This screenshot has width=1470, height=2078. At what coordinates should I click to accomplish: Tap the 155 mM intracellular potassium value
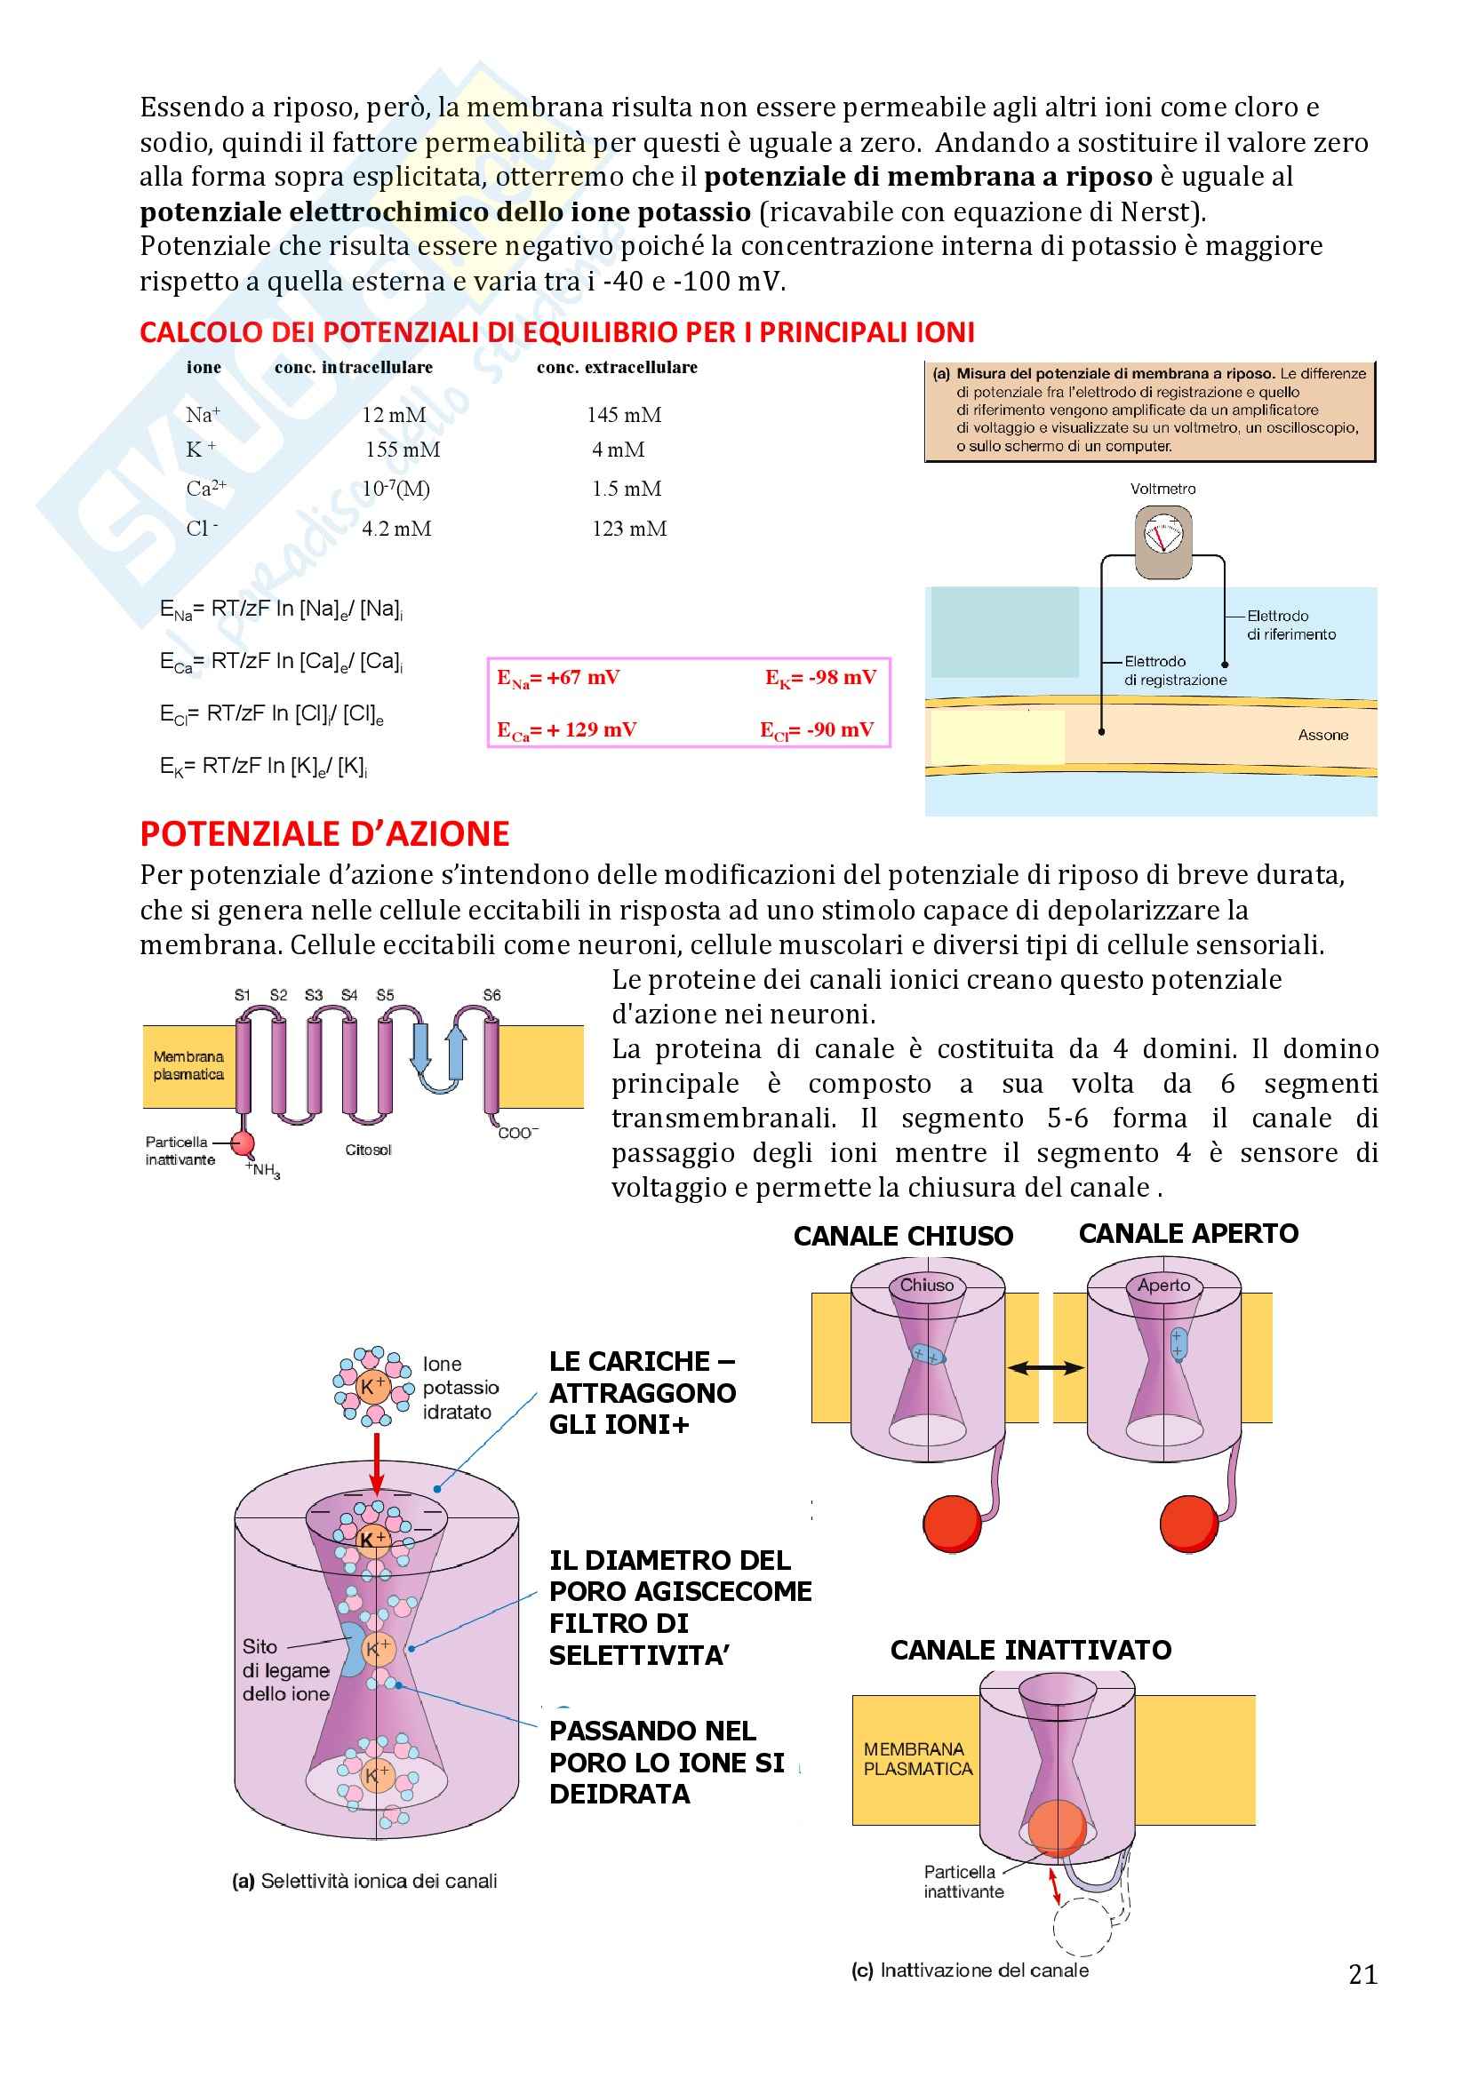click(x=403, y=450)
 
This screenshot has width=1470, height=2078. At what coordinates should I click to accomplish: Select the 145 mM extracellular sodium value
click(x=624, y=415)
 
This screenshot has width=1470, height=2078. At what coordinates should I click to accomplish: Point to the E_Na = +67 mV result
click(x=558, y=678)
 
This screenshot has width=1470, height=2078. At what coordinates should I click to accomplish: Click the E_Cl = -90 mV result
click(x=817, y=730)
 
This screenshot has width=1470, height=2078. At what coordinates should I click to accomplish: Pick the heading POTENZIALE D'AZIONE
click(x=324, y=833)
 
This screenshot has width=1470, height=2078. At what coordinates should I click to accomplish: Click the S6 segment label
click(x=491, y=995)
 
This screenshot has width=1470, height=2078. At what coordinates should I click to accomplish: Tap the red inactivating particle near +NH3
click(x=243, y=1144)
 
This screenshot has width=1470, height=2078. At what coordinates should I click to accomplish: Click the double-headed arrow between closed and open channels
click(x=1045, y=1368)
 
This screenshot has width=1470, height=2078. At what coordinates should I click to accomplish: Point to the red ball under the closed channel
click(x=952, y=1524)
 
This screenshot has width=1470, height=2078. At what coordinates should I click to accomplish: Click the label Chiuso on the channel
click(x=926, y=1286)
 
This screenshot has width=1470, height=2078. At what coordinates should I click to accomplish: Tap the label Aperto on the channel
click(x=1163, y=1286)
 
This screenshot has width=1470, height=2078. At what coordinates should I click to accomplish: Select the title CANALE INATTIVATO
click(x=1030, y=1650)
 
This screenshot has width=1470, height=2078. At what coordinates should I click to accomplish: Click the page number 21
click(x=1362, y=1974)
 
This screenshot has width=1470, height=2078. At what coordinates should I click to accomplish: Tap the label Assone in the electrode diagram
click(x=1322, y=735)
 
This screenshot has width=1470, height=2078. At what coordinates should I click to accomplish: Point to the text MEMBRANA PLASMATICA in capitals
click(x=917, y=1758)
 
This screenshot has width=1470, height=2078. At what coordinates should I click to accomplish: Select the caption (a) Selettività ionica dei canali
click(x=364, y=1881)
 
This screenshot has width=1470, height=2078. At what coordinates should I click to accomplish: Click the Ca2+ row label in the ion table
click(x=205, y=489)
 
